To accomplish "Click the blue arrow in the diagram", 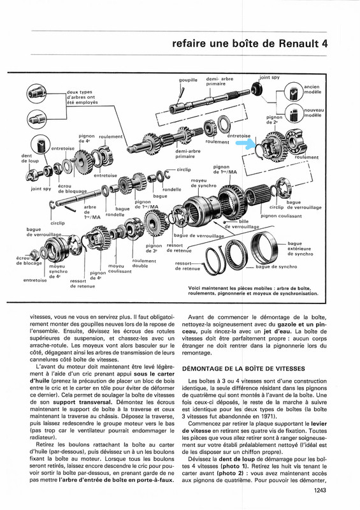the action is point(246,143).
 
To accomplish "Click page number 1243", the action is point(320,491).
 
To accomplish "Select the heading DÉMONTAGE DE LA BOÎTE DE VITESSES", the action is point(243,368).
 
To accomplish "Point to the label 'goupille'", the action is point(188,80).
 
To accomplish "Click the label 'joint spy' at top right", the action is point(270,77).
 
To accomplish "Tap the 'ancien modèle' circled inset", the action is point(294,92).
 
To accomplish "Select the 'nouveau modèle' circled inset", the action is point(294,113).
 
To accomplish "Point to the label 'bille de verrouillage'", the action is point(242,224).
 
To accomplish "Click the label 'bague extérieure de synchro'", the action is point(300,249).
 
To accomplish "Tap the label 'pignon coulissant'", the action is point(281,215).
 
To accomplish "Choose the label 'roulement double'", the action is point(144,263).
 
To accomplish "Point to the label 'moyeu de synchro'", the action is point(204,183).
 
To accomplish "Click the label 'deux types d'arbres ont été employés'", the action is point(82,97).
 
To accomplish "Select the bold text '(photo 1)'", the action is point(230,466).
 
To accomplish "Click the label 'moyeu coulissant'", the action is point(120,268).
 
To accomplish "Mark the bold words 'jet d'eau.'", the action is point(278,331).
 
